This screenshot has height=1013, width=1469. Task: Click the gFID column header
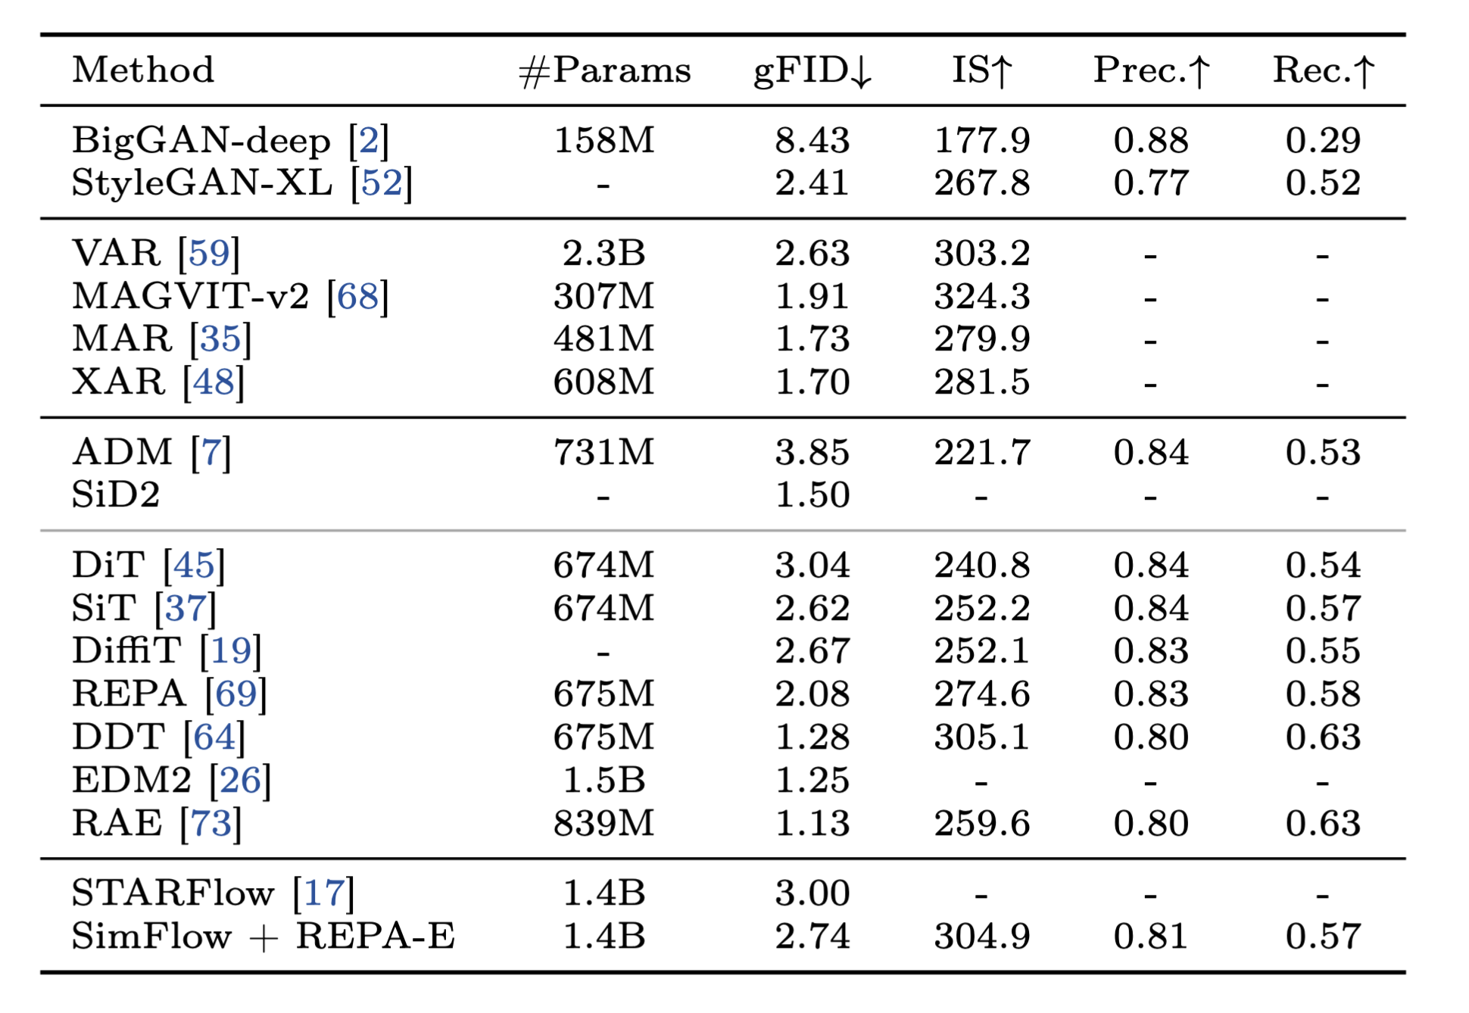pyautogui.click(x=812, y=70)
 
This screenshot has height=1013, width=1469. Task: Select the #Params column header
pyautogui.click(x=604, y=70)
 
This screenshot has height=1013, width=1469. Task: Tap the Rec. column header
pyautogui.click(x=1323, y=70)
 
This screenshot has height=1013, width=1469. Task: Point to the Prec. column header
pyautogui.click(x=1151, y=70)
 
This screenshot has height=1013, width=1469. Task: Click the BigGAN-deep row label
pyautogui.click(x=201, y=141)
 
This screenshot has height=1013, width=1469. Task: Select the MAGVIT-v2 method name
pyautogui.click(x=191, y=296)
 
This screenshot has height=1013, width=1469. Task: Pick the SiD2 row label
pyautogui.click(x=116, y=495)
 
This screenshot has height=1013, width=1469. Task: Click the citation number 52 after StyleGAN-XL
pyautogui.click(x=382, y=183)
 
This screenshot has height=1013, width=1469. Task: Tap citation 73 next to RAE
pyautogui.click(x=211, y=823)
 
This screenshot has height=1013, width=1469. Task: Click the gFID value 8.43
pyautogui.click(x=812, y=141)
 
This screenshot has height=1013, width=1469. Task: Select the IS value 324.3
pyautogui.click(x=981, y=296)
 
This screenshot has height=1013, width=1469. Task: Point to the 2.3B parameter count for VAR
pyautogui.click(x=604, y=253)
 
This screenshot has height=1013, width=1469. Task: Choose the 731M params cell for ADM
pyautogui.click(x=604, y=453)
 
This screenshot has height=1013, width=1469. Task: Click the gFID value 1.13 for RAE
pyautogui.click(x=812, y=823)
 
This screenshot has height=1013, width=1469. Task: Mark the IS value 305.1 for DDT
pyautogui.click(x=981, y=737)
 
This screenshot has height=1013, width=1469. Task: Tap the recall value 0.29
pyautogui.click(x=1323, y=141)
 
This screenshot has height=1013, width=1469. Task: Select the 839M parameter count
pyautogui.click(x=604, y=823)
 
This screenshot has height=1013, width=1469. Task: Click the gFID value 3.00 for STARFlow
pyautogui.click(x=812, y=893)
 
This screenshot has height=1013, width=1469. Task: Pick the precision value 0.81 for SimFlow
pyautogui.click(x=1151, y=937)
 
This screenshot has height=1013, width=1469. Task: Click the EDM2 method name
pyautogui.click(x=132, y=780)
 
